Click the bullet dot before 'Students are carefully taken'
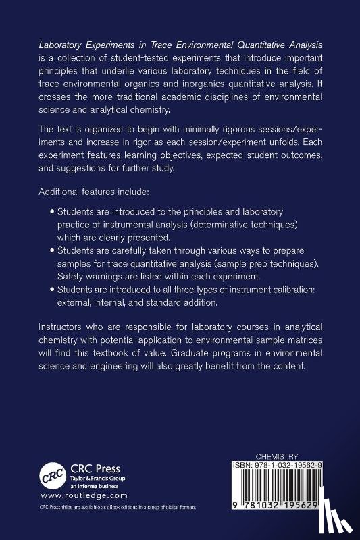coord(53,250)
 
